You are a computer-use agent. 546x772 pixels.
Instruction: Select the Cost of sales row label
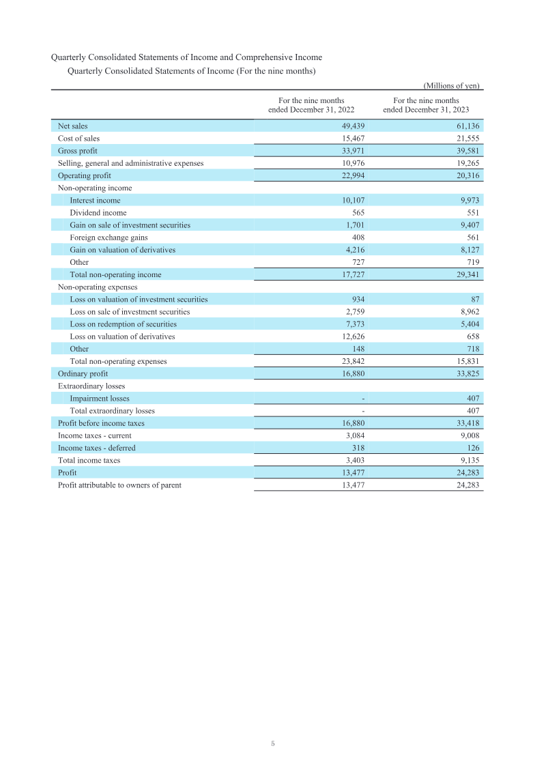pyautogui.click(x=78, y=138)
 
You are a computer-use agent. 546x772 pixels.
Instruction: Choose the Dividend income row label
pyautogui.click(x=98, y=212)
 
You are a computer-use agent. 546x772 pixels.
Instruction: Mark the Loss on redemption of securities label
pyautogui.click(x=123, y=324)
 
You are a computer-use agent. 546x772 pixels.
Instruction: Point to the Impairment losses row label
pyautogui.click(x=99, y=398)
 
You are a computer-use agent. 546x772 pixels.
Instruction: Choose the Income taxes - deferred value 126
pyautogui.click(x=472, y=448)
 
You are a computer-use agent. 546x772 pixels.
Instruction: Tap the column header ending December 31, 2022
pyautogui.click(x=311, y=104)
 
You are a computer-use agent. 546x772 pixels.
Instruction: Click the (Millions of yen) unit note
pyautogui.click(x=452, y=85)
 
